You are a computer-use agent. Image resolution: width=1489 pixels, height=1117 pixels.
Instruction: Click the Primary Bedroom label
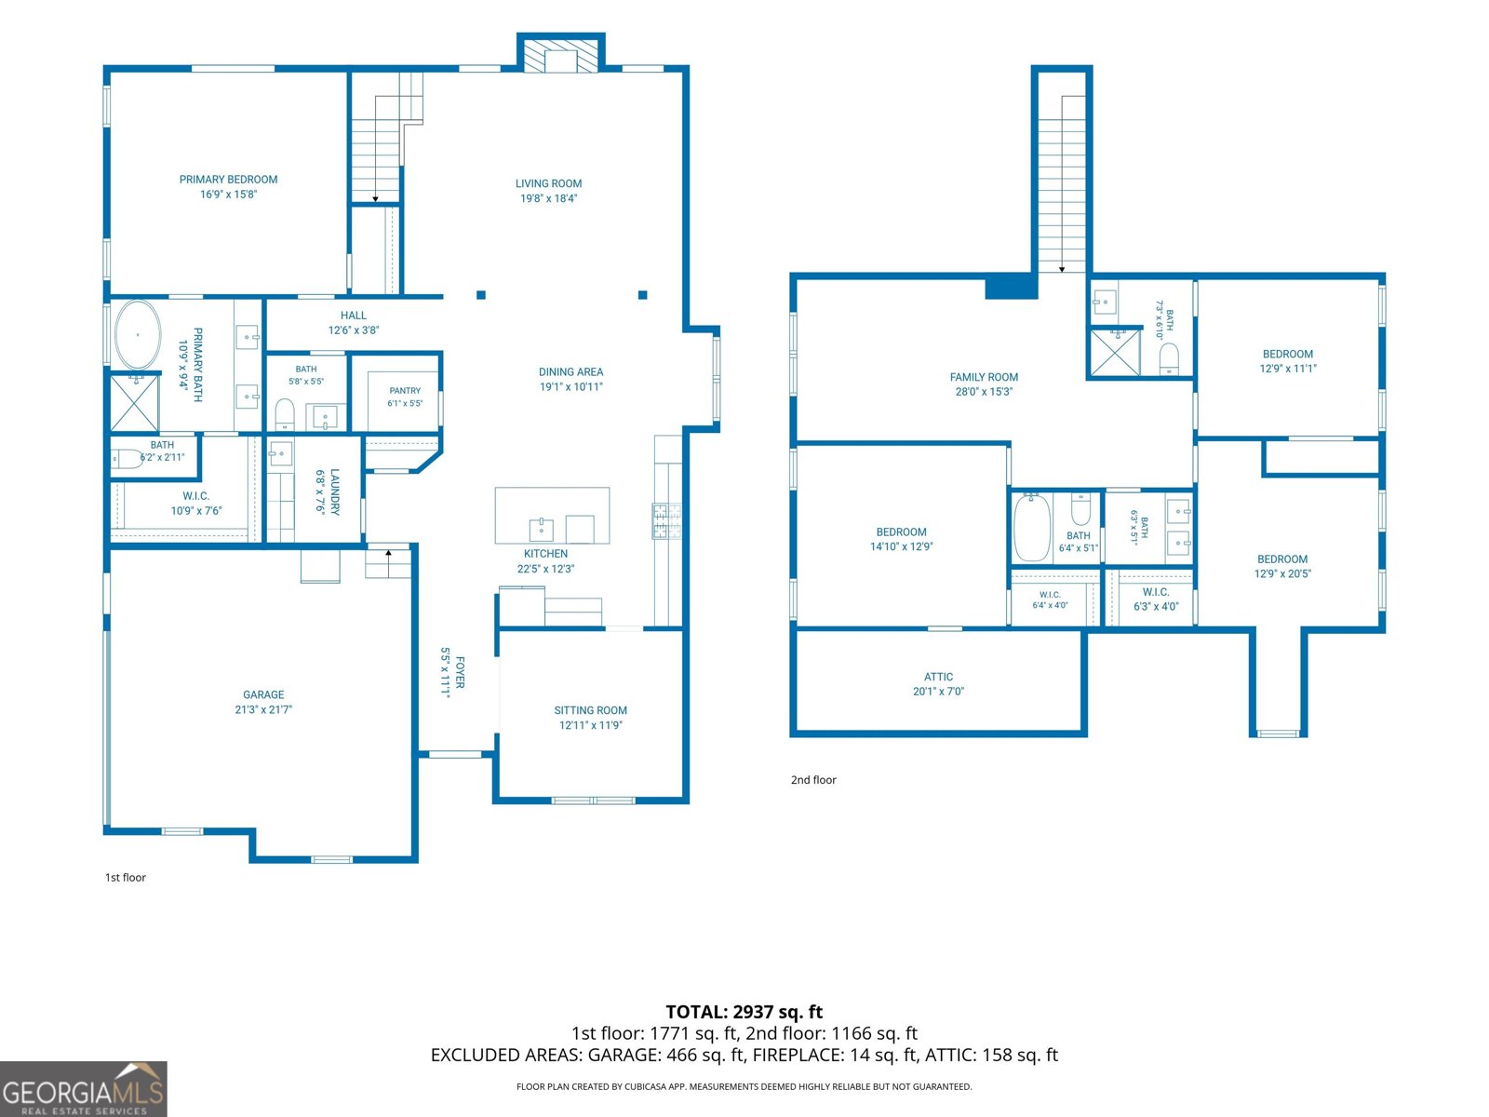pos(228,180)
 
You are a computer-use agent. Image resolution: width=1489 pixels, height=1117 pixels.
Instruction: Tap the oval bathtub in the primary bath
pos(138,335)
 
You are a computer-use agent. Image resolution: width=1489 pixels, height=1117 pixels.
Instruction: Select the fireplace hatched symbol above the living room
pos(560,55)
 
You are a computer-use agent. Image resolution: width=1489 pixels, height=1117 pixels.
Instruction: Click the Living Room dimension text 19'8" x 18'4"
pos(548,198)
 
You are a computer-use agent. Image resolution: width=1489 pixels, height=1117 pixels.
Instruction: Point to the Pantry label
pos(405,391)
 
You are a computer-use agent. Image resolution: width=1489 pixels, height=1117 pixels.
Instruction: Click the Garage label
pos(263,694)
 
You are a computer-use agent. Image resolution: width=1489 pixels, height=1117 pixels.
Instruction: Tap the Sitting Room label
pos(590,710)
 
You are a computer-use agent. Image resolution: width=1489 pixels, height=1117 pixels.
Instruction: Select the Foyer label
pos(460,672)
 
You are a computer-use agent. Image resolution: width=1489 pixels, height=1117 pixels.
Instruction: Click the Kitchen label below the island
pos(545,554)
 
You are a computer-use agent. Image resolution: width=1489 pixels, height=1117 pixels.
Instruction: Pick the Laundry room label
pos(334,491)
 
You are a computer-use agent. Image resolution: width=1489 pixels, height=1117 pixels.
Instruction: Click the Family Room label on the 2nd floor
pos(984,377)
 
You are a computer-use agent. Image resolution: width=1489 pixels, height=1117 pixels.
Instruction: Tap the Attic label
pos(938,677)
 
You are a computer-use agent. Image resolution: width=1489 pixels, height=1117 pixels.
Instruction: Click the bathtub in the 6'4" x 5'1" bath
pos(1032,527)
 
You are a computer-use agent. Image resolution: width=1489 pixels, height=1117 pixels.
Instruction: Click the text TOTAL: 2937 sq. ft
pos(744,1012)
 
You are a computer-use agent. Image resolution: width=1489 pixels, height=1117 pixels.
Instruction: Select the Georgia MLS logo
pos(84,1088)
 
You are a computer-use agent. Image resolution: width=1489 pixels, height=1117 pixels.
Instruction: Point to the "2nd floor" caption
pos(813,780)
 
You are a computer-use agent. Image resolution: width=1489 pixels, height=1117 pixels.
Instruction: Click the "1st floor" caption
pos(126,878)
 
